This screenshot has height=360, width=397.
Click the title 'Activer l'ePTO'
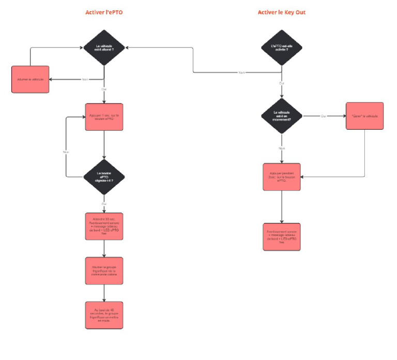pyautogui.click(x=104, y=12)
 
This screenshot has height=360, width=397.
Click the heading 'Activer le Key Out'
pyautogui.click(x=282, y=12)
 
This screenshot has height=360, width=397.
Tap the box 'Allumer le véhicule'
pyautogui.click(x=30, y=79)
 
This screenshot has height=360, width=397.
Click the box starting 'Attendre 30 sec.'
pyautogui.click(x=104, y=226)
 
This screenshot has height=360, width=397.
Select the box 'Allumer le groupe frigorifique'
pyautogui.click(x=104, y=270)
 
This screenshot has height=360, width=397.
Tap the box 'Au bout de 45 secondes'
pyautogui.click(x=104, y=314)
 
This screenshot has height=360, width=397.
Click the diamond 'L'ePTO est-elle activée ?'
pyautogui.click(x=282, y=48)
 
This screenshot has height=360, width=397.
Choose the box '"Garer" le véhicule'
pyautogui.click(x=364, y=116)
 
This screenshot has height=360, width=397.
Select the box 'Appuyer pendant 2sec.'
pyautogui.click(x=282, y=177)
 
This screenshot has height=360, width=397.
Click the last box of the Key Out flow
pyautogui.click(x=282, y=237)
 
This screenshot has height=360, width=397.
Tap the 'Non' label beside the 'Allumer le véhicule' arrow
pyautogui.click(x=85, y=79)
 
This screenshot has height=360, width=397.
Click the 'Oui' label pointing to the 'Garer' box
pyautogui.click(x=324, y=116)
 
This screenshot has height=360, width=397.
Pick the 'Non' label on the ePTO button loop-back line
pyautogui.click(x=66, y=152)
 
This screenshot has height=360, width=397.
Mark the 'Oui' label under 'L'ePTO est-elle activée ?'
pyautogui.click(x=282, y=83)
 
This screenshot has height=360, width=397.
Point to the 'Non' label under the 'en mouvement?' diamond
pyautogui.click(x=282, y=148)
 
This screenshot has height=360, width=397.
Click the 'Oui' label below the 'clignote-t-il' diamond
pyautogui.click(x=104, y=203)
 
